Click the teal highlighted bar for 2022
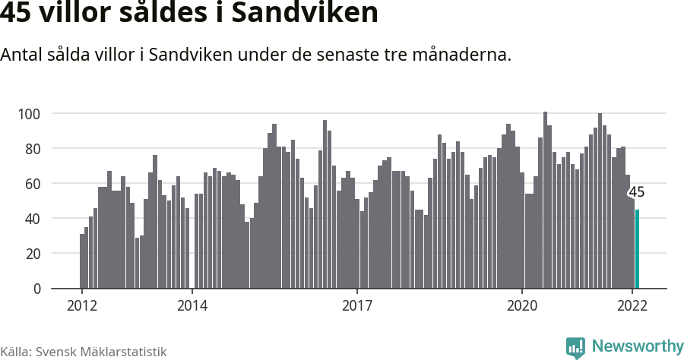(637, 249)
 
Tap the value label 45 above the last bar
(636, 192)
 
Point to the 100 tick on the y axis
(29, 114)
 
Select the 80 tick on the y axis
(31, 149)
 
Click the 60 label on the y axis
(31, 184)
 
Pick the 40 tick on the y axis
(31, 219)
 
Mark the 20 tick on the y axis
(31, 254)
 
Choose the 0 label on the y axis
(35, 289)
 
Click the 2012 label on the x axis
(82, 305)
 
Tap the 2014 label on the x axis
(192, 305)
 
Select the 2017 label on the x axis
(357, 305)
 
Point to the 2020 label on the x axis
(522, 305)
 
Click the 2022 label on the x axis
(632, 305)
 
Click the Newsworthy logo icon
(575, 347)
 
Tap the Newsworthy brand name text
(637, 346)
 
